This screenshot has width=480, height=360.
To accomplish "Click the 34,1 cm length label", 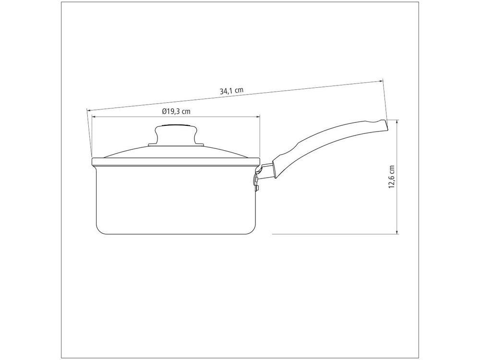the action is coord(231,91).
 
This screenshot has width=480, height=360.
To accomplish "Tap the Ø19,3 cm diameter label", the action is coord(176,111).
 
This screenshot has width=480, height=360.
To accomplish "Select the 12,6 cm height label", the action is coord(392,177).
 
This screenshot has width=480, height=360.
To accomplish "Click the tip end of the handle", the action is coord(386,125).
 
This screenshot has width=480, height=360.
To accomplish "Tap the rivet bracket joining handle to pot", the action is coord(256,181).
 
